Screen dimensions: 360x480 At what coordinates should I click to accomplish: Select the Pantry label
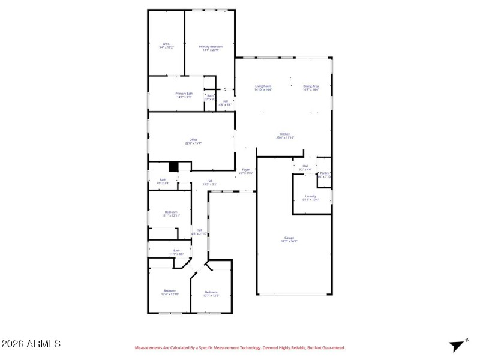pyautogui.click(x=324, y=175)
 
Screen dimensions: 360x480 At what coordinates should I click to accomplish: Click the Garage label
pyautogui.click(x=289, y=239)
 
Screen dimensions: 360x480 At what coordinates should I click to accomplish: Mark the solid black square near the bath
pyautogui.click(x=173, y=167)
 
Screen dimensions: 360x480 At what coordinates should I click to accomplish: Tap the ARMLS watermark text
pyautogui.click(x=31, y=344)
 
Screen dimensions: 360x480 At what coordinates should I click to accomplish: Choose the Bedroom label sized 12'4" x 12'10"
pyautogui.click(x=170, y=292)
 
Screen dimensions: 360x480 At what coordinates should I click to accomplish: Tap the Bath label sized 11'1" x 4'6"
pyautogui.click(x=176, y=252)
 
